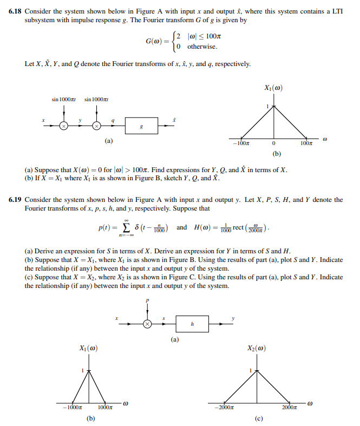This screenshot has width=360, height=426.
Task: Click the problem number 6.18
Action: [16, 11]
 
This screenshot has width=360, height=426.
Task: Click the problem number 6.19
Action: [16, 200]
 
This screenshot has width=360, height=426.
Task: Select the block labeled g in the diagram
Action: [141, 126]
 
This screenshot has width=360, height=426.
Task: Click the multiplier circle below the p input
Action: [147, 324]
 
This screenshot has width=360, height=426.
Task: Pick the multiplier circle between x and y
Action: [64, 126]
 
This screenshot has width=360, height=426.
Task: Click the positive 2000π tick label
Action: [288, 407]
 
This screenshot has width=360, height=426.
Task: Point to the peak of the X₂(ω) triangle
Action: [257, 371]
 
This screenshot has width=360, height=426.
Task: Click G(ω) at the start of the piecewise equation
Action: [155, 42]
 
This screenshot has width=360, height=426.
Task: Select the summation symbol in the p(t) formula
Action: [125, 227]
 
